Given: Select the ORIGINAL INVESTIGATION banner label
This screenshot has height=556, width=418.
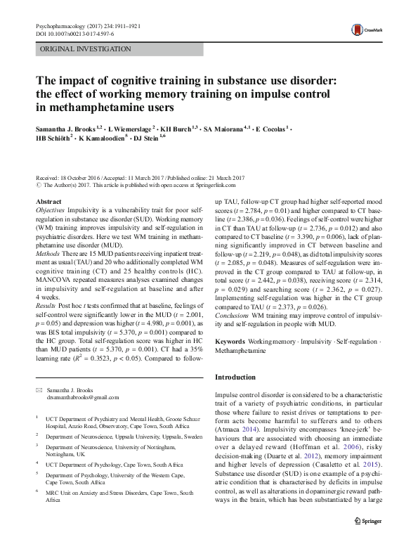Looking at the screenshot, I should click(x=85, y=49).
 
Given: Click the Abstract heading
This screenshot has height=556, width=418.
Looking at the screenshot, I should click(x=48, y=202).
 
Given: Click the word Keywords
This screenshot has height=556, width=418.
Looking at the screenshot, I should click(x=231, y=340).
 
